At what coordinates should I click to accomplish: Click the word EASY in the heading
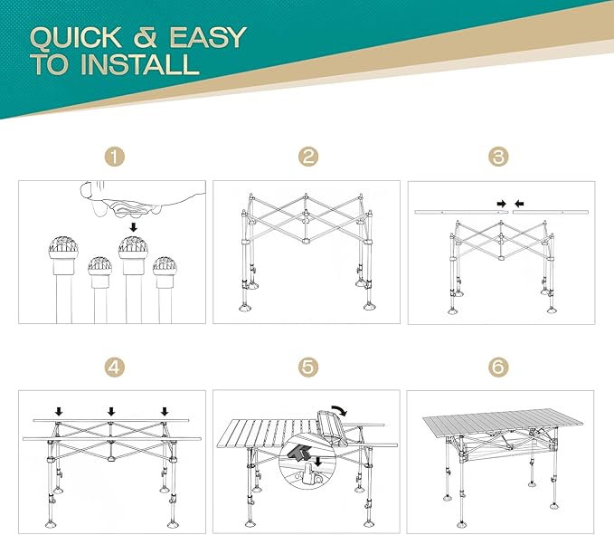(207, 37)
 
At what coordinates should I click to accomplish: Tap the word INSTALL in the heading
(140, 64)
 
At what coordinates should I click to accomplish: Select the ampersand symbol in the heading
(146, 38)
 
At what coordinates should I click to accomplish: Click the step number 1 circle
(114, 157)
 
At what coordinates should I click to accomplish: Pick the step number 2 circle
(308, 157)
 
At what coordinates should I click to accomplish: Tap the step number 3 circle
(498, 157)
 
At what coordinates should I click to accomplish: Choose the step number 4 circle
(114, 368)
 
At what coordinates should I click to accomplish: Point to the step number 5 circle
(308, 368)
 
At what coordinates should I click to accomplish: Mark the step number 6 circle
(498, 368)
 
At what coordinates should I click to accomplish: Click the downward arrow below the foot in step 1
(134, 227)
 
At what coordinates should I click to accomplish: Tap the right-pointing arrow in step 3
(502, 204)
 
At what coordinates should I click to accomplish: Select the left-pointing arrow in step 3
(519, 204)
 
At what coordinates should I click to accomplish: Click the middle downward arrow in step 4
(111, 411)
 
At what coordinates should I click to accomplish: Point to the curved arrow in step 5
(339, 409)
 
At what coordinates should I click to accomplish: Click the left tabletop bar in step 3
(462, 213)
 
